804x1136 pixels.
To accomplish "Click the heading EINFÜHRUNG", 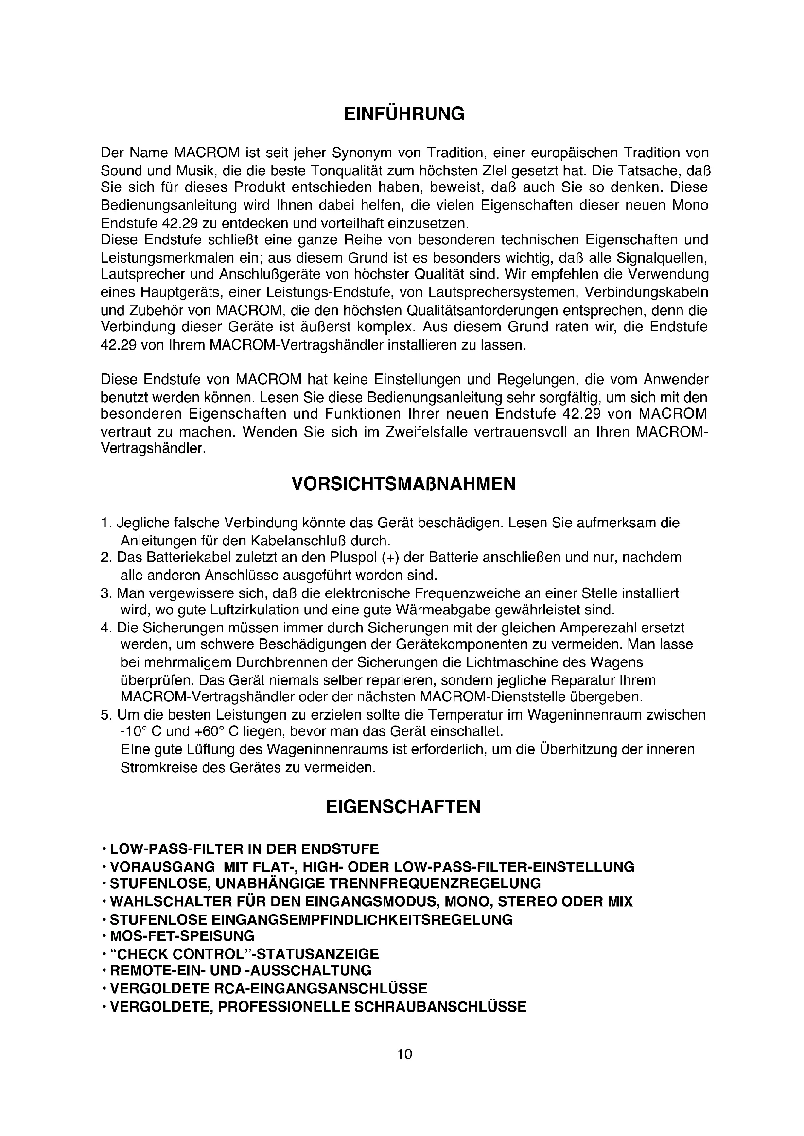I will point(404,114).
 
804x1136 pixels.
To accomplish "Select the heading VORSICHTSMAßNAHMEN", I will point(403,484).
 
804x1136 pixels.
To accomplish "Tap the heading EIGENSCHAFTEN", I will point(403,807).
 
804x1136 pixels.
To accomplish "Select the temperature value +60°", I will point(206,731).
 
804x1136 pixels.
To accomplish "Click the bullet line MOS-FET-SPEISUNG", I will point(182,936).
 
